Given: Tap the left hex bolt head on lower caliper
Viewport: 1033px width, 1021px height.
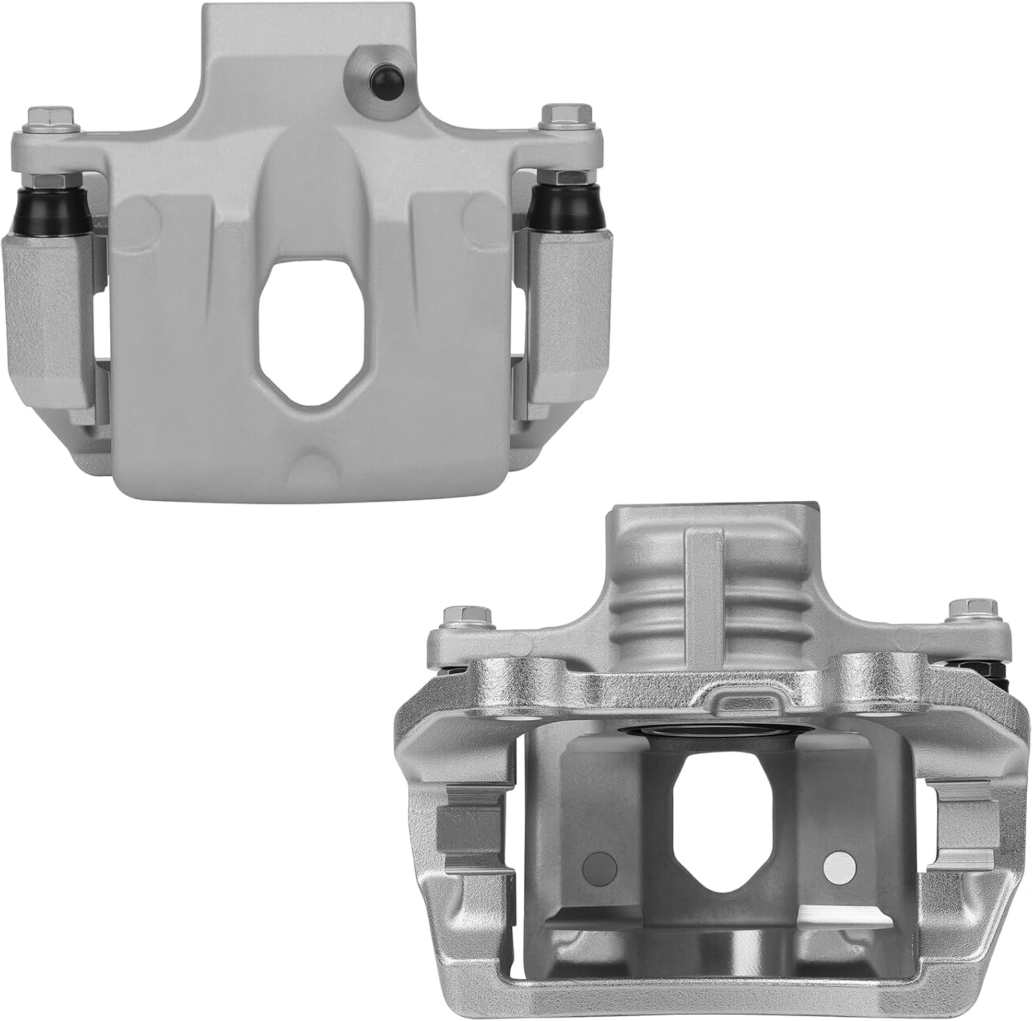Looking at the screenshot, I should coord(457,615).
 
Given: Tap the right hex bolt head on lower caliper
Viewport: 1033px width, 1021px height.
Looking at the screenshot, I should coord(962,610).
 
